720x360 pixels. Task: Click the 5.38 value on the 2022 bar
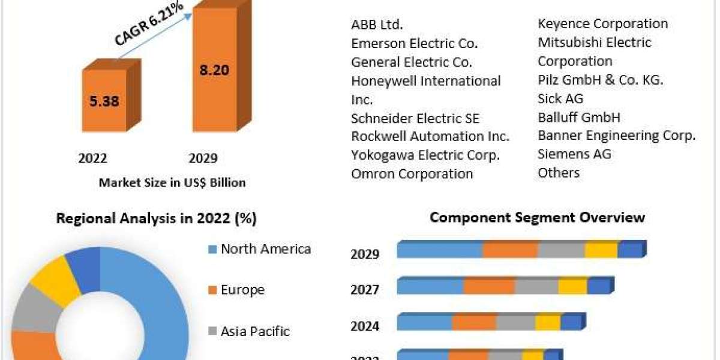click(104, 101)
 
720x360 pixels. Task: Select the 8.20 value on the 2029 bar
click(214, 70)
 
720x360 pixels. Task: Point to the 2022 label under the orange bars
click(93, 158)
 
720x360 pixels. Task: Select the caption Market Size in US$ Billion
click(172, 183)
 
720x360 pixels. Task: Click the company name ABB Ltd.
click(377, 25)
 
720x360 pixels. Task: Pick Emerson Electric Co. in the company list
click(415, 43)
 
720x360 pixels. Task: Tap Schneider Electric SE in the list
click(415, 118)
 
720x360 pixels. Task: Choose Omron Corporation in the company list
click(412, 174)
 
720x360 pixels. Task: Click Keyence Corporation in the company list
click(602, 24)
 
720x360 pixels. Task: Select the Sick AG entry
click(560, 98)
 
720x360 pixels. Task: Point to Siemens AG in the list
click(574, 154)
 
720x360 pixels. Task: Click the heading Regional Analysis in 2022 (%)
click(156, 219)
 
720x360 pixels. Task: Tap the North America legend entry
click(265, 249)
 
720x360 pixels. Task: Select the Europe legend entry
click(242, 290)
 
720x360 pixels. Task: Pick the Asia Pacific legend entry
click(255, 331)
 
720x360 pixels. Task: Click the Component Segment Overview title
click(537, 217)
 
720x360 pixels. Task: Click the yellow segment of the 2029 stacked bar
click(601, 250)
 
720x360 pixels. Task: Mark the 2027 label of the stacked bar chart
click(365, 290)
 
